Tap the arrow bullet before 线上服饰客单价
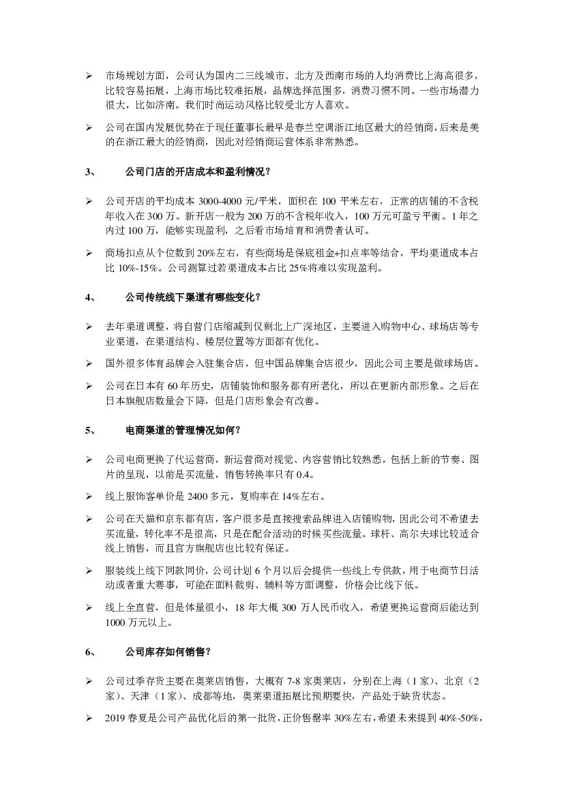pos(89,494)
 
